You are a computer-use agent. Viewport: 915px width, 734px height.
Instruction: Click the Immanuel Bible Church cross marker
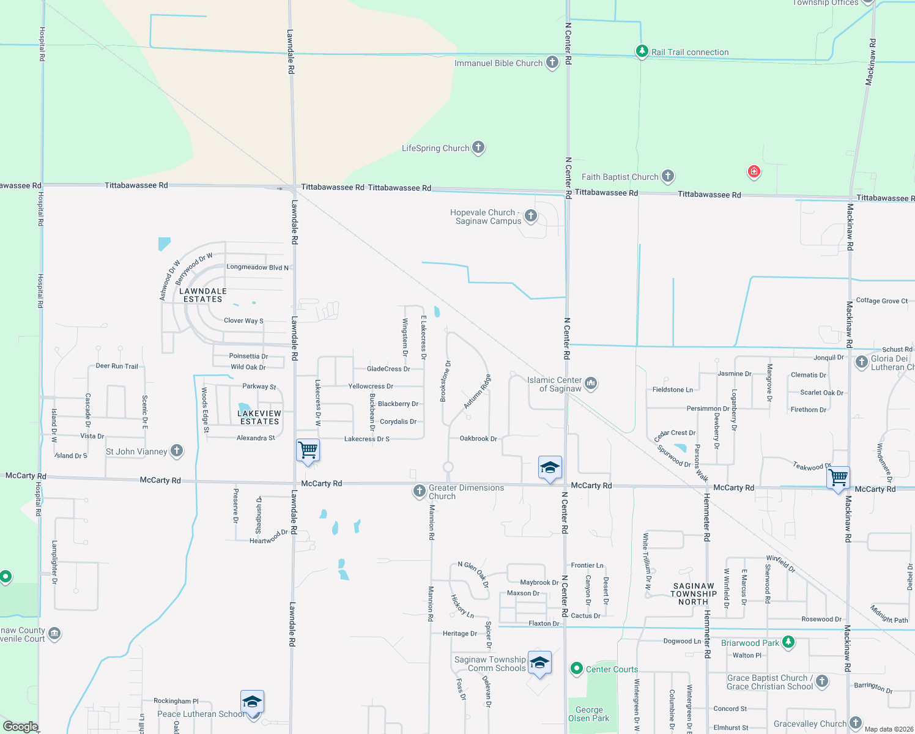(552, 62)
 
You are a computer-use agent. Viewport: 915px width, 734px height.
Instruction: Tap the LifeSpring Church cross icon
(478, 147)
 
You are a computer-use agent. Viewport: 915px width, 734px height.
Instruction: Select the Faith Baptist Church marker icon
(668, 176)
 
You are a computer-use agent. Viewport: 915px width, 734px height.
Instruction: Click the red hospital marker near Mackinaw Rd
(754, 171)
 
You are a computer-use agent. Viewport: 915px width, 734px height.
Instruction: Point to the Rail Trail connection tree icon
(642, 51)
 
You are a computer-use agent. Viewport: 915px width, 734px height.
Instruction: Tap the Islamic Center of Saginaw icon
(591, 384)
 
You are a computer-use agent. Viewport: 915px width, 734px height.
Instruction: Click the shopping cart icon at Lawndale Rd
(308, 450)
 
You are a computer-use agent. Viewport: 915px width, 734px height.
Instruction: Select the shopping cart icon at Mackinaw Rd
(839, 476)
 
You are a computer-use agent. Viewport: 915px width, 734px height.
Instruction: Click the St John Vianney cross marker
(177, 451)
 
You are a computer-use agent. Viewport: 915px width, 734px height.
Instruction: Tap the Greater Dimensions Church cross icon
(419, 491)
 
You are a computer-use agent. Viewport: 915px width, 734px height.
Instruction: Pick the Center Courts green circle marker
(576, 669)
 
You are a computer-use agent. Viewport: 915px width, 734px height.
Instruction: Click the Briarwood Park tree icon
(788, 642)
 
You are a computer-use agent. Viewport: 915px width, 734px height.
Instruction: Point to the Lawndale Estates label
(203, 295)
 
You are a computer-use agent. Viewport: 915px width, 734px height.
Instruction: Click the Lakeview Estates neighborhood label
(259, 418)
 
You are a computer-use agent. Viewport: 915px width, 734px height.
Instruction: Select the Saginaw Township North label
(694, 594)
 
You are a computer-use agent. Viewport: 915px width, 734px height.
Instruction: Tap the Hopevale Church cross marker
(531, 215)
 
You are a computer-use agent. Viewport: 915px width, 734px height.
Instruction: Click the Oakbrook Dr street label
(478, 439)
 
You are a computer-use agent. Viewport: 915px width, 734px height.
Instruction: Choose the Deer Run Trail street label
(117, 366)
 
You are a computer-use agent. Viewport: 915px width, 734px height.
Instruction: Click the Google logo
(20, 726)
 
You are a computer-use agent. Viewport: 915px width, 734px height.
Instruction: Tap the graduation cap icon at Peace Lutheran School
(252, 701)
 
